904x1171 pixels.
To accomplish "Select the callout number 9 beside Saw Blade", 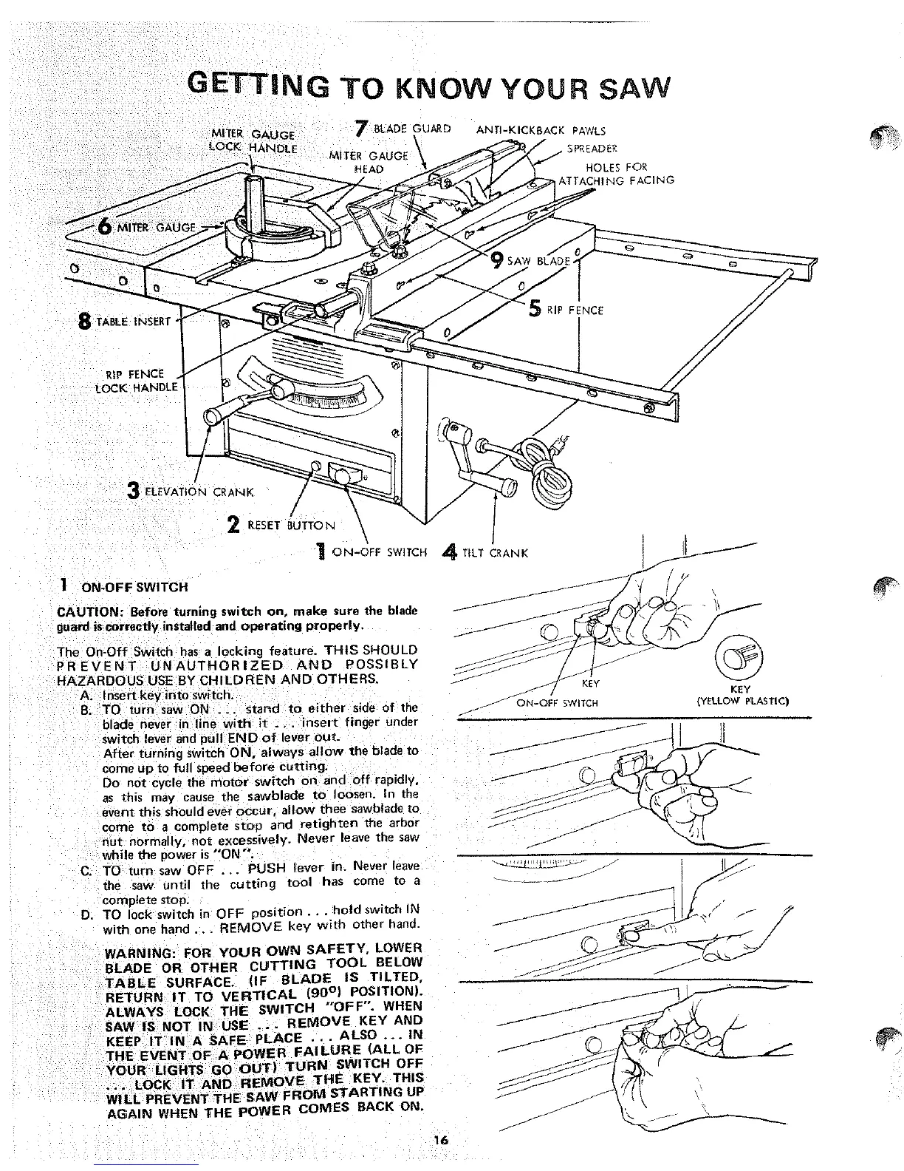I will point(499,260).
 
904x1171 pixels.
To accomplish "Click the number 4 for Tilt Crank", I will point(448,551).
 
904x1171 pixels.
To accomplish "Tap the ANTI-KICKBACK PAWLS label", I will point(541,132).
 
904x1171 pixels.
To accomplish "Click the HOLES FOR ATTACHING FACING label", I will point(617,174).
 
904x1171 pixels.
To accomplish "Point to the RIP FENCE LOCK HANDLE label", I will point(138,380).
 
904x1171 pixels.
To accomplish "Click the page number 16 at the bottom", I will point(441,1140).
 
